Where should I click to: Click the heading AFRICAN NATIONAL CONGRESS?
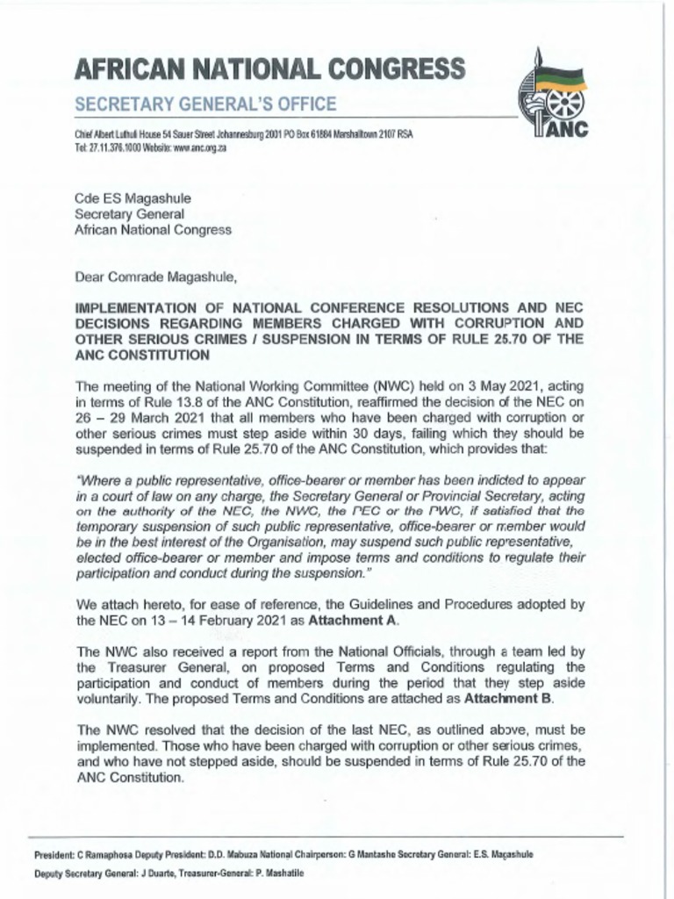(x=270, y=68)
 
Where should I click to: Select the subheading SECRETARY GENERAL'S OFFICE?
(x=205, y=104)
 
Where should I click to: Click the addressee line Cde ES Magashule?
(x=133, y=198)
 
